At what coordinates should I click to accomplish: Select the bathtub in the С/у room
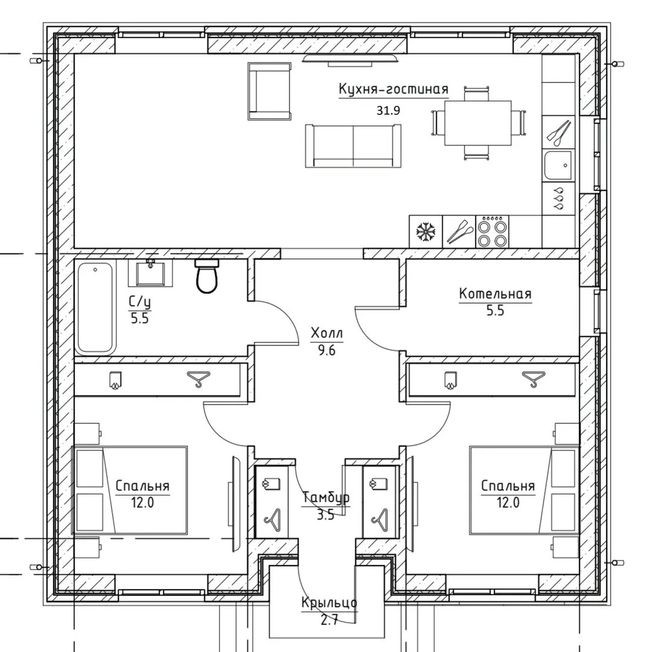click(95, 307)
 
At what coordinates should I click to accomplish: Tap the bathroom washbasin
click(150, 273)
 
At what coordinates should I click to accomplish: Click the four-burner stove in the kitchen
click(492, 232)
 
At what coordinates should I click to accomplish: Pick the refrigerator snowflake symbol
click(426, 232)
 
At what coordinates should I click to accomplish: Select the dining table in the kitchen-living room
click(478, 123)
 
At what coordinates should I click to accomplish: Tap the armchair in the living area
click(269, 92)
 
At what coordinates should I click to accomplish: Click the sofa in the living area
click(353, 145)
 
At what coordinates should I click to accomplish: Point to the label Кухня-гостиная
click(394, 89)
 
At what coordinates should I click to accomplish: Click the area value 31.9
click(388, 110)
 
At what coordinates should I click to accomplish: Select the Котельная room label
click(495, 294)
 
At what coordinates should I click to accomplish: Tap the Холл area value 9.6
click(327, 351)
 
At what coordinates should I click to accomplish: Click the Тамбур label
click(326, 497)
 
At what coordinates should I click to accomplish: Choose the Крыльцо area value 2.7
click(329, 621)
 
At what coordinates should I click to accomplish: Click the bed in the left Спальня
click(130, 490)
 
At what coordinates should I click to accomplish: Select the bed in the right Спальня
click(524, 490)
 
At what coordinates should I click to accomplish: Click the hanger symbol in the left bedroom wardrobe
click(198, 379)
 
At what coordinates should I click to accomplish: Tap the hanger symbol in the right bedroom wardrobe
click(534, 379)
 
